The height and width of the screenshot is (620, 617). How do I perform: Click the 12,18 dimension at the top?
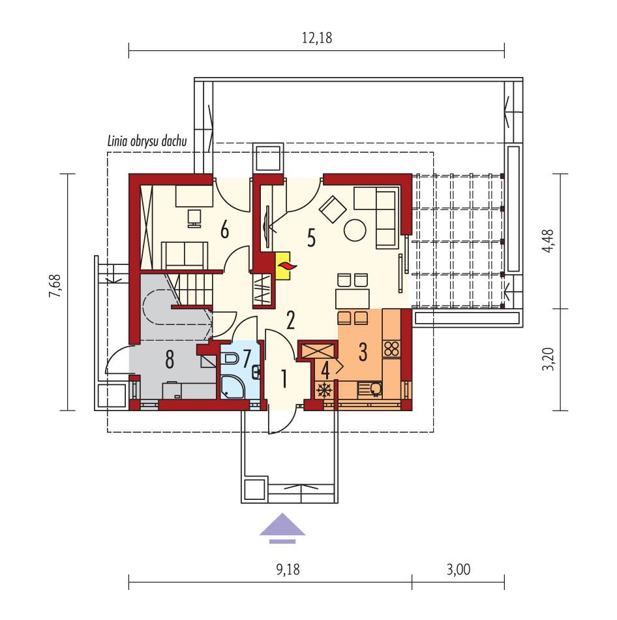pyautogui.click(x=317, y=38)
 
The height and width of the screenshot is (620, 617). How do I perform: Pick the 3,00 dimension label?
pyautogui.click(x=459, y=569)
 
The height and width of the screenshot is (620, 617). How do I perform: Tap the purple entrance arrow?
pyautogui.click(x=282, y=527)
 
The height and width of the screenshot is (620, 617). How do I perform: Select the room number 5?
pyautogui.click(x=311, y=239)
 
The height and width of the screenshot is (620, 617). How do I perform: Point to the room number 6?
pyautogui.click(x=225, y=230)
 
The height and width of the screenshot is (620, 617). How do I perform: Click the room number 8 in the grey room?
pyautogui.click(x=170, y=358)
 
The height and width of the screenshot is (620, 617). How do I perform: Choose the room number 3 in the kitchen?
pyautogui.click(x=362, y=351)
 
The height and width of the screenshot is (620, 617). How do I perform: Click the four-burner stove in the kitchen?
pyautogui.click(x=391, y=349)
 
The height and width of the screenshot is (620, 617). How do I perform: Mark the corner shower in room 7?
pyautogui.click(x=232, y=386)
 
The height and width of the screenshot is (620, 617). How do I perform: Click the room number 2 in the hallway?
pyautogui.click(x=291, y=320)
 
